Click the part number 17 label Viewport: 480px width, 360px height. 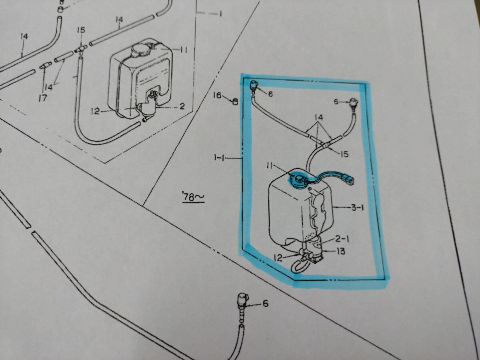point(43,98)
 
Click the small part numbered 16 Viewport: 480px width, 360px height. point(235,101)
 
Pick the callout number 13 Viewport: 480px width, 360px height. point(341,251)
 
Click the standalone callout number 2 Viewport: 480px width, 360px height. point(182,106)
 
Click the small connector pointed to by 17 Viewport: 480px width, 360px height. point(45,65)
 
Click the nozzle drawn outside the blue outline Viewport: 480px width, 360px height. point(242,300)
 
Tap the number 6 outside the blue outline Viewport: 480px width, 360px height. point(265,304)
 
